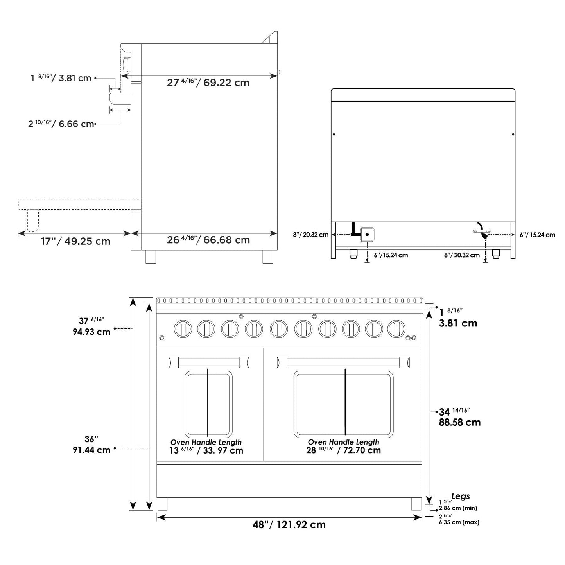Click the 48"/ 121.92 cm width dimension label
[289, 525]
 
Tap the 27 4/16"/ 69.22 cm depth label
[208, 83]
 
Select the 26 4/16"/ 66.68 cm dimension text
[208, 240]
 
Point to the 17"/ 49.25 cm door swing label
[75, 241]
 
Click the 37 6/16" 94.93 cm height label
[91, 326]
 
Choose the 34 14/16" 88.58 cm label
[459, 417]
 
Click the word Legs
[461, 496]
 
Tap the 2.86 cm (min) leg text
[458, 508]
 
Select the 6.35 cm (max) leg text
[459, 522]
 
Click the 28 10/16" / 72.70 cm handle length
[343, 450]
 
